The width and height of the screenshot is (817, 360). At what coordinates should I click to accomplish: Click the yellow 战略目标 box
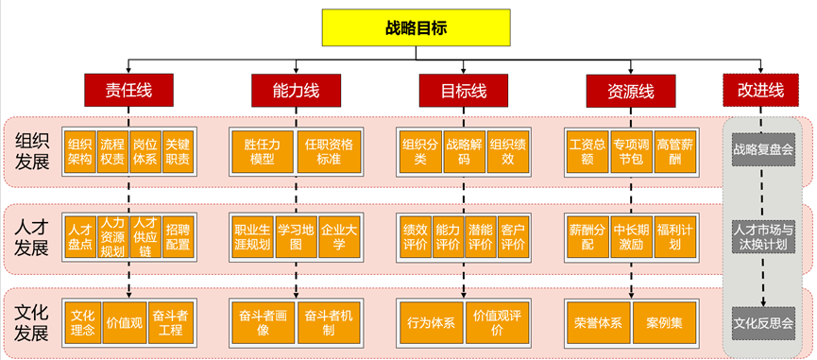(x=417, y=28)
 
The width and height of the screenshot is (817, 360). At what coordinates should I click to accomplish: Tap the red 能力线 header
(x=296, y=91)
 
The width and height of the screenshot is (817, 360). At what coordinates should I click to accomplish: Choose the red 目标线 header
(x=463, y=91)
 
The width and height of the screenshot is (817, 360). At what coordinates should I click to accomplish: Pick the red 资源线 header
(x=633, y=91)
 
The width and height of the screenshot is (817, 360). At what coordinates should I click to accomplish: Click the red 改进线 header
(x=760, y=91)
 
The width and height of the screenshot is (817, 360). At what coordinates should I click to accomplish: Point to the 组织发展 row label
(x=31, y=151)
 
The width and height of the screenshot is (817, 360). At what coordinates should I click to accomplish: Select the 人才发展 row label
(x=31, y=237)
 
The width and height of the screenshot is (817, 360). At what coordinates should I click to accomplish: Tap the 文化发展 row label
(x=31, y=321)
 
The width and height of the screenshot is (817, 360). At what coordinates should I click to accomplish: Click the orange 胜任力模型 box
(x=261, y=151)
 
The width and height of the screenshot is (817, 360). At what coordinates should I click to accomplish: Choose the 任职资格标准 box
(x=329, y=151)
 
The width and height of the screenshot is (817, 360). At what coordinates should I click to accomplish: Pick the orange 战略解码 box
(x=464, y=151)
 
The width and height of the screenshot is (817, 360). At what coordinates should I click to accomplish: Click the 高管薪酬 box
(x=673, y=151)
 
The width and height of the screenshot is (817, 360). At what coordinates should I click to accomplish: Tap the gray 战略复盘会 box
(x=762, y=148)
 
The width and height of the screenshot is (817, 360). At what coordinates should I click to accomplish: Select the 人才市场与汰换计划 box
(x=762, y=235)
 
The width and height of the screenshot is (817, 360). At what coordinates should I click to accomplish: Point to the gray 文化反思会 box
(x=762, y=321)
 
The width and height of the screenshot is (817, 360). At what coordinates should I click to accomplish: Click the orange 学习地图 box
(x=296, y=236)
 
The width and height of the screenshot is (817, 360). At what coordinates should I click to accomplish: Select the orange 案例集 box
(x=665, y=322)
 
